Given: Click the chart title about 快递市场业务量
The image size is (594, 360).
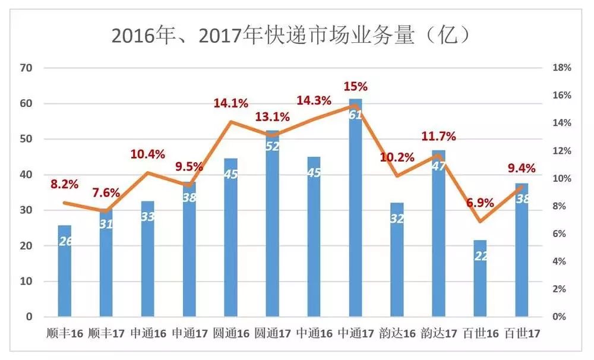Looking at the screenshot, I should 291,36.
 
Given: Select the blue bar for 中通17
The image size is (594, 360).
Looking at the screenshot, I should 355,208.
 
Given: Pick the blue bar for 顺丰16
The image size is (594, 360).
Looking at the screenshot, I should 65,270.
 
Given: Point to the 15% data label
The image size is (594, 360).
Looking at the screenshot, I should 355,86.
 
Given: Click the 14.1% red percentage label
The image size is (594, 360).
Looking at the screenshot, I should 230,103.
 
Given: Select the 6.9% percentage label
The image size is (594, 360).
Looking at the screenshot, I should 480,203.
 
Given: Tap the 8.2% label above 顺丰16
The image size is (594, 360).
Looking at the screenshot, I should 64,184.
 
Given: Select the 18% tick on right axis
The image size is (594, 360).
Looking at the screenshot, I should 561,68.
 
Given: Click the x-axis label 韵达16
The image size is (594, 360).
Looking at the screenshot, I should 397,333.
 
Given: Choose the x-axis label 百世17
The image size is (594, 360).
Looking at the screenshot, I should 522,333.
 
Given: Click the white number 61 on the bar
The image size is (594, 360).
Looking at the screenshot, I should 355,115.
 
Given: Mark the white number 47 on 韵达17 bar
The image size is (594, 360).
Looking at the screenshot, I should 438,166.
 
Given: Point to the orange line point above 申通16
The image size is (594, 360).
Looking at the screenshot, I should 147,173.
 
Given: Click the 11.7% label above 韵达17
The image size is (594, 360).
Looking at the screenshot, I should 438,137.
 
